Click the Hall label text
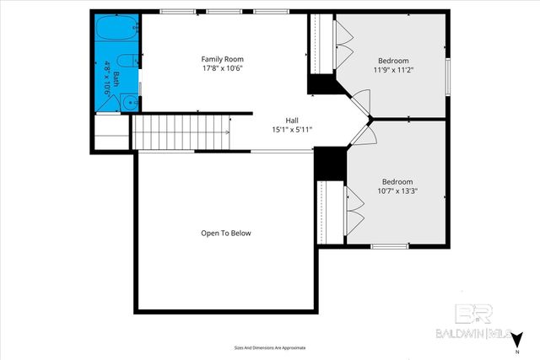(x=292, y=121)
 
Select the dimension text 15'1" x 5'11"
(x=292, y=130)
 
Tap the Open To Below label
(x=225, y=234)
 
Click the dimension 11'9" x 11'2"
(x=393, y=71)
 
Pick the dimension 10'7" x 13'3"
(x=397, y=191)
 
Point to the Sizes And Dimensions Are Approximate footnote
(x=269, y=347)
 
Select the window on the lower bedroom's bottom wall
(x=390, y=246)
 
